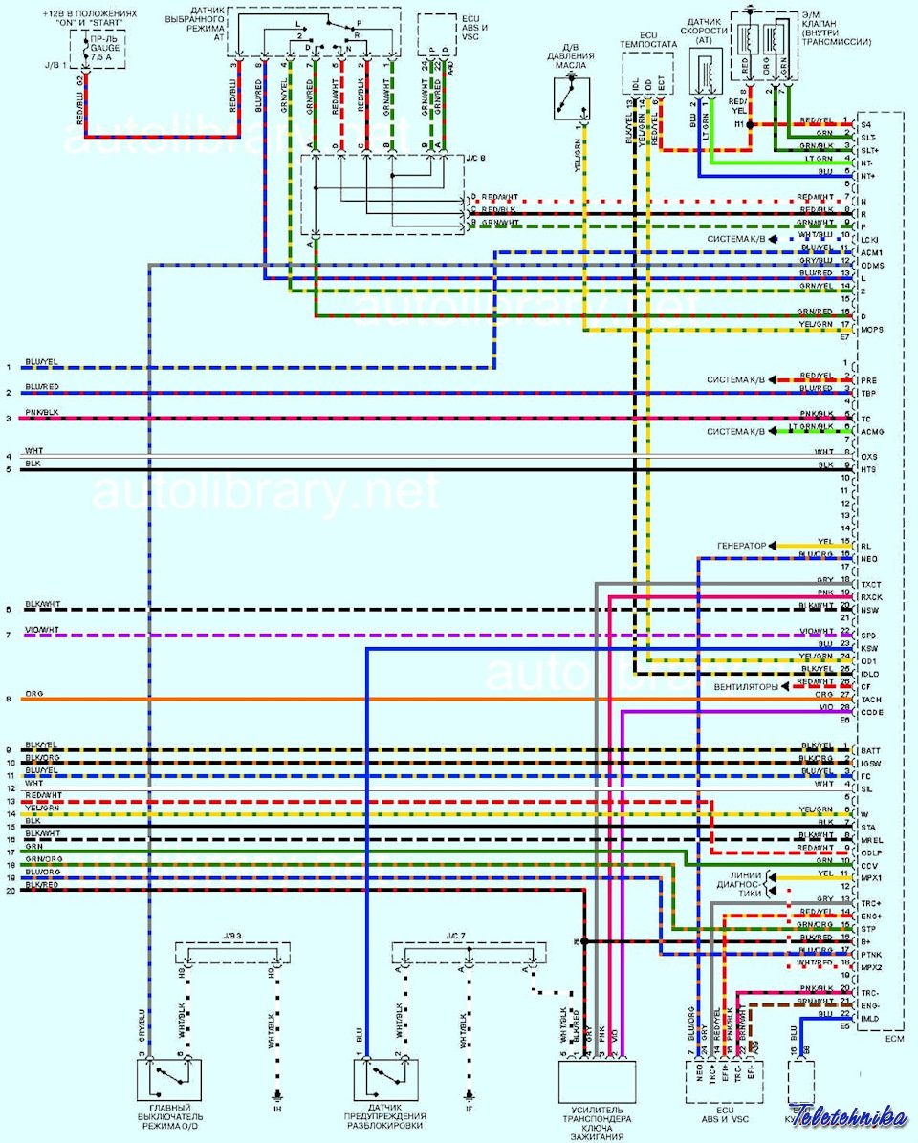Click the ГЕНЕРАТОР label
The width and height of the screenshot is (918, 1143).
coord(741,546)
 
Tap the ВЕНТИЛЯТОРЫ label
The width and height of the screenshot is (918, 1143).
coord(746,687)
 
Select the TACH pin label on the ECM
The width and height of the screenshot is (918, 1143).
coord(871,700)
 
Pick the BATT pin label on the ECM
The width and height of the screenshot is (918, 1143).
coord(870,750)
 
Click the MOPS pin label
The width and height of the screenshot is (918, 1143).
coord(873,330)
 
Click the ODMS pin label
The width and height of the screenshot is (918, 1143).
coord(873,265)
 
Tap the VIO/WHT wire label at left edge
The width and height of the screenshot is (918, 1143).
coord(42,630)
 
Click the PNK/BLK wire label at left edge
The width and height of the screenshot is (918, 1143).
coord(42,413)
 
